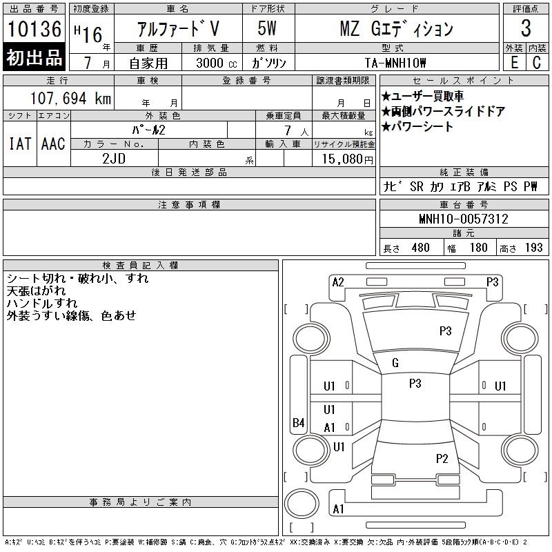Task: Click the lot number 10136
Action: [34, 29]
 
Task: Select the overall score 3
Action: [526, 28]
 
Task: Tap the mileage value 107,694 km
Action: [71, 98]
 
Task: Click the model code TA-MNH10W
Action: [395, 63]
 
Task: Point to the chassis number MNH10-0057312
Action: [464, 219]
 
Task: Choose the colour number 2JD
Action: [114, 159]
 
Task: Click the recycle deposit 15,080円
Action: [348, 159]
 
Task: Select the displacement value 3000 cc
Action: [217, 63]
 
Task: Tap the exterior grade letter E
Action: [514, 63]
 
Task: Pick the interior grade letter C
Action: [537, 63]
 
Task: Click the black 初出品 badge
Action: [34, 57]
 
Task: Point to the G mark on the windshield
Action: [395, 363]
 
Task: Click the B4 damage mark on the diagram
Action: [299, 422]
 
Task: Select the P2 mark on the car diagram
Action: [442, 458]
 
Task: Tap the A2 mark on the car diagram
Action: [338, 282]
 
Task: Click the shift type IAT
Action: [20, 144]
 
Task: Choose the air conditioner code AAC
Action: [53, 144]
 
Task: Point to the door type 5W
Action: [267, 28]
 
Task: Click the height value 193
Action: [533, 248]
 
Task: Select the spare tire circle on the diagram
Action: [302, 504]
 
